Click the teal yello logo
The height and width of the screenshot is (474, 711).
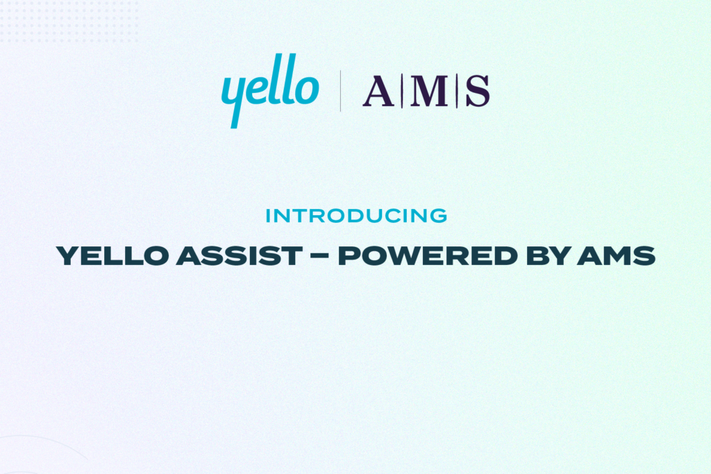[x=270, y=91]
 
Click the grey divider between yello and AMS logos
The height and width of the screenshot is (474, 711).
[x=340, y=91]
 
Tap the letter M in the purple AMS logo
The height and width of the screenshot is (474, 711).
[x=428, y=92]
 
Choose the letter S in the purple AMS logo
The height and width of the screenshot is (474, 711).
[x=477, y=92]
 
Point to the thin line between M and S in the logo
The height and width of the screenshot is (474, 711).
[x=456, y=92]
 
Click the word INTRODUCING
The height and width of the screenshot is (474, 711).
[x=356, y=216]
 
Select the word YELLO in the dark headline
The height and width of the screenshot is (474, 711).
[x=111, y=257]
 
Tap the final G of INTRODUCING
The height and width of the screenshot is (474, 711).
[x=439, y=216]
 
